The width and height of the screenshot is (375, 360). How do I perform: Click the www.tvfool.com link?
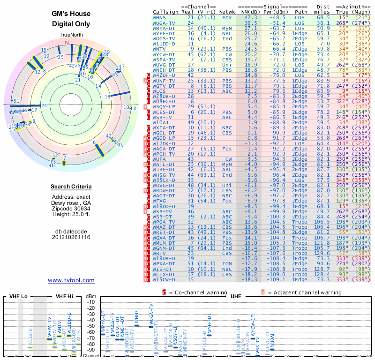[x=71, y=280]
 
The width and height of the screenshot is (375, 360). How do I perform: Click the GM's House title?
[x=71, y=15]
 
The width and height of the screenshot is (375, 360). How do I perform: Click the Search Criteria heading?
[x=71, y=187]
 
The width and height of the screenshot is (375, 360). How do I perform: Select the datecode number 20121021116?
[x=71, y=237]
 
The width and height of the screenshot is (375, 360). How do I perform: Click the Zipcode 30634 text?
[x=71, y=208]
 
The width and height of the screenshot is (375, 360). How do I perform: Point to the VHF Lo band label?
[x=19, y=297]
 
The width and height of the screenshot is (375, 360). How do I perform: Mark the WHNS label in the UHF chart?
[x=136, y=317]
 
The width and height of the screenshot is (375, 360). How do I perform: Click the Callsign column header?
[x=166, y=12]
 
